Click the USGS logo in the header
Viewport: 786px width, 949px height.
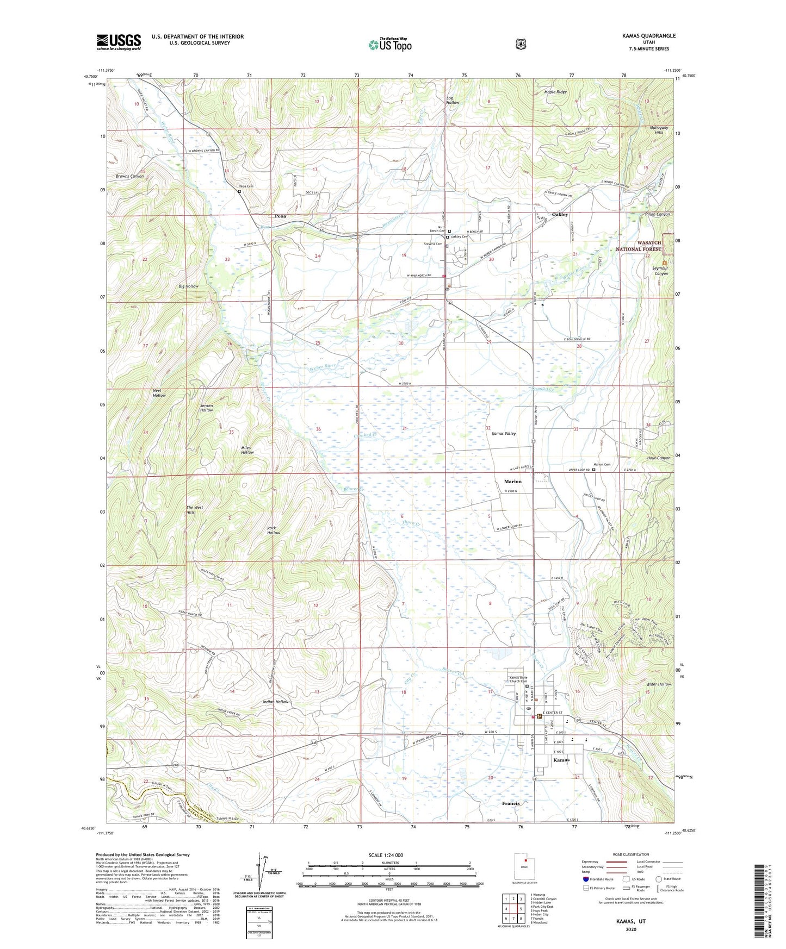tap(119, 42)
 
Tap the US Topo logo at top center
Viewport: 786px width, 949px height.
tap(389, 44)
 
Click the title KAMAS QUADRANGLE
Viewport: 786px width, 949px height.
tap(649, 36)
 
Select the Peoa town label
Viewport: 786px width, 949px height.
tap(280, 216)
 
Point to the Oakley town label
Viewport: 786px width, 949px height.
tap(560, 215)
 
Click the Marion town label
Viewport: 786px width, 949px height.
tap(512, 482)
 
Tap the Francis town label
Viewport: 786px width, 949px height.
tap(511, 803)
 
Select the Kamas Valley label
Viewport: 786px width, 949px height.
tap(504, 434)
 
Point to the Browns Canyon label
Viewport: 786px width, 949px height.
tap(129, 176)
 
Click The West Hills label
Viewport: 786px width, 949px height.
tap(194, 510)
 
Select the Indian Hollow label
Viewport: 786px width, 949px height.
tap(275, 702)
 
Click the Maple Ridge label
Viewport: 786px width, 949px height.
tap(555, 92)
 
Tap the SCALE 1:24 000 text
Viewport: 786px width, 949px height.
tap(386, 855)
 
